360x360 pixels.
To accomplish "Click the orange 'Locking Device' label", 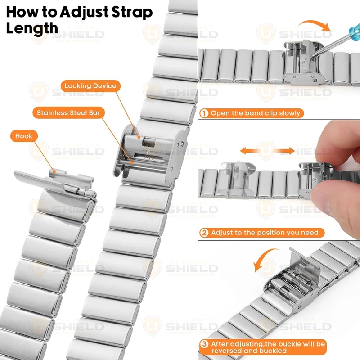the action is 90,86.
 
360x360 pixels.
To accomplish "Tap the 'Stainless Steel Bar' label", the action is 69,113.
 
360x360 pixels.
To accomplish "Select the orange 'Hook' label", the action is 24,136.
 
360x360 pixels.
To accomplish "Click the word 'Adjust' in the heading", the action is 84,13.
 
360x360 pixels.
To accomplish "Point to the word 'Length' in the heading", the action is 32,28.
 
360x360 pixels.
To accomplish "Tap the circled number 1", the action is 204,113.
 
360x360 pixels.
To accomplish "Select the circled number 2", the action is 204,233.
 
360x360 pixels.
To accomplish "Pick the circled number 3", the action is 204,344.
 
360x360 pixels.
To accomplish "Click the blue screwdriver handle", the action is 354,31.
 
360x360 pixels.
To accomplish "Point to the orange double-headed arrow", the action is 267,151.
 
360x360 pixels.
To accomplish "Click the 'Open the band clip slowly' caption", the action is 256,113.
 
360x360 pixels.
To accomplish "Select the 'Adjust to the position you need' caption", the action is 265,233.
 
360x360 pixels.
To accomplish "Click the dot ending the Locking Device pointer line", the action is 139,137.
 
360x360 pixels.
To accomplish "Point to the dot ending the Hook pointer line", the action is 54,171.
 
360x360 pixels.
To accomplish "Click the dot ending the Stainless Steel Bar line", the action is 132,162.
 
